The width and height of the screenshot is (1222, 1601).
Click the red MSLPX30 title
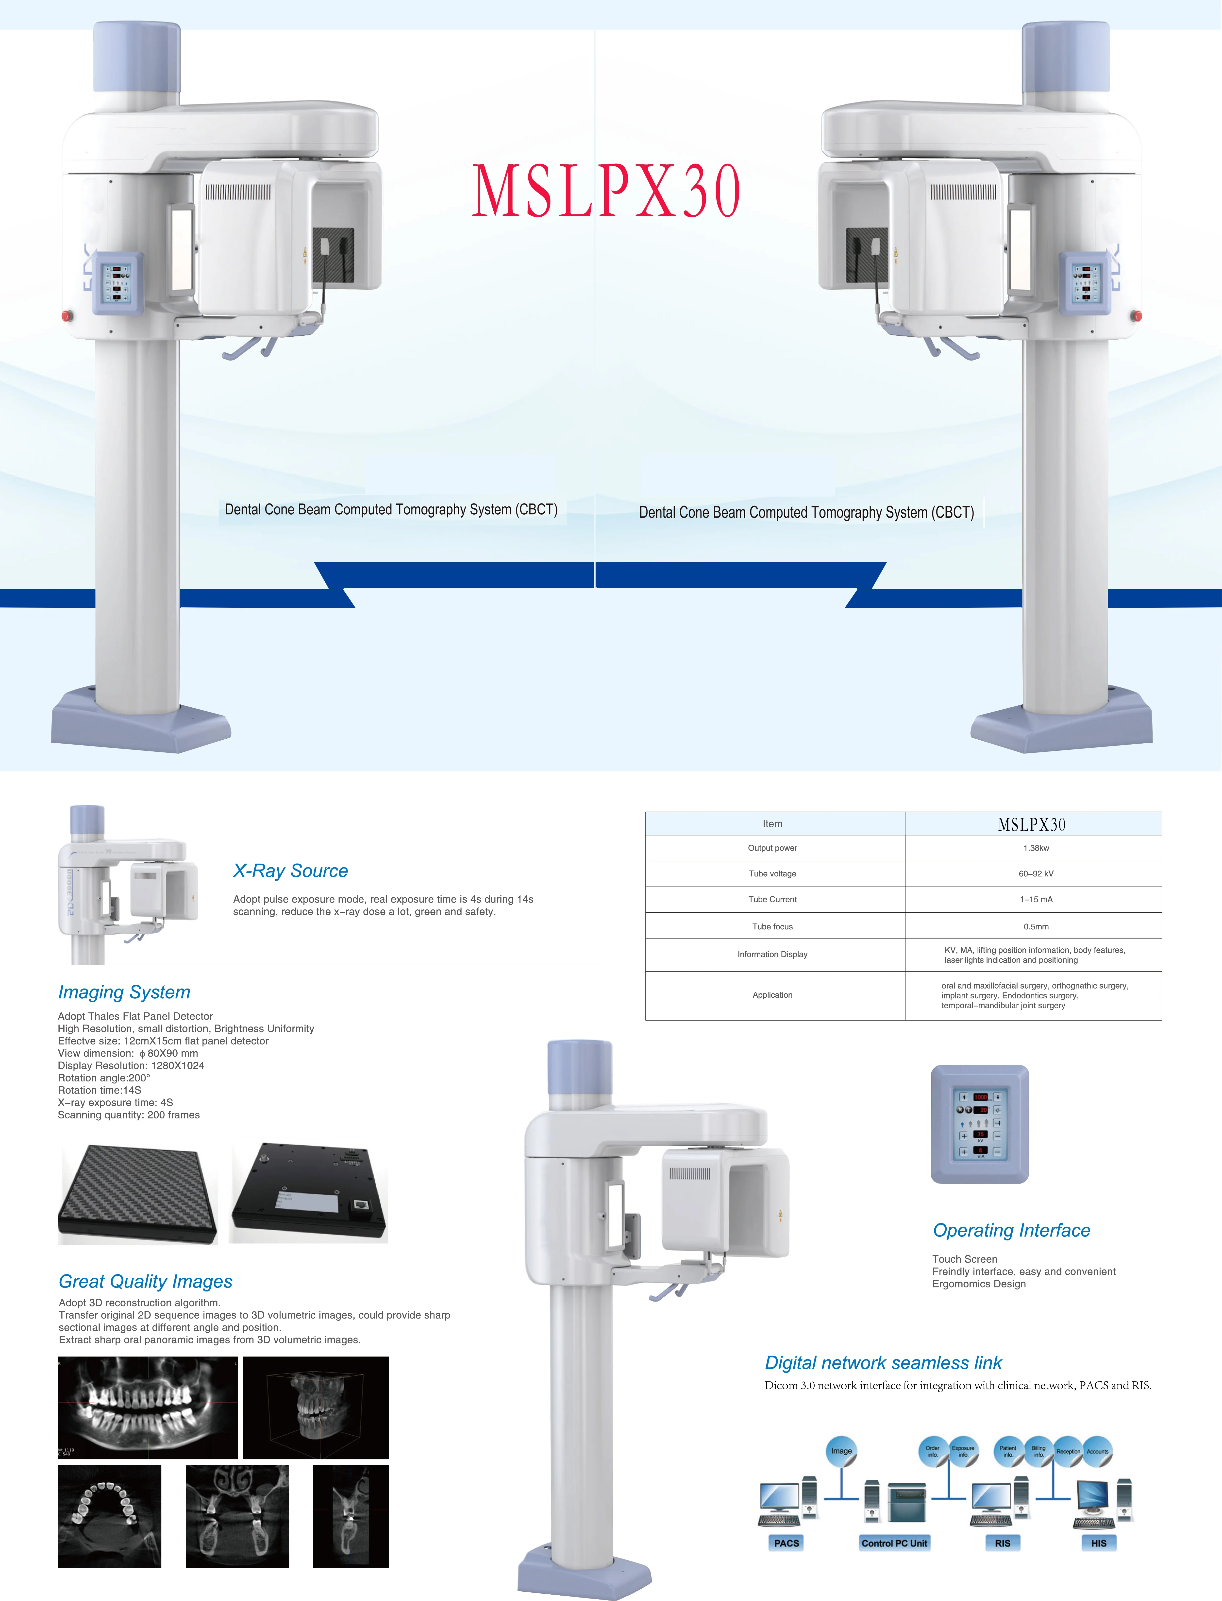tap(606, 191)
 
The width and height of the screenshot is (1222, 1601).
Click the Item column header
tap(772, 824)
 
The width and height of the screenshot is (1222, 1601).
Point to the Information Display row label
tap(772, 954)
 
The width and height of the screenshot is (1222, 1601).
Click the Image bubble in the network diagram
tap(842, 1451)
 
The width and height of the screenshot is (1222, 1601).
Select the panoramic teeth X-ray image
tap(148, 1407)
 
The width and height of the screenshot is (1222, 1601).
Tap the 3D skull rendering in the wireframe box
tap(316, 1407)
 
